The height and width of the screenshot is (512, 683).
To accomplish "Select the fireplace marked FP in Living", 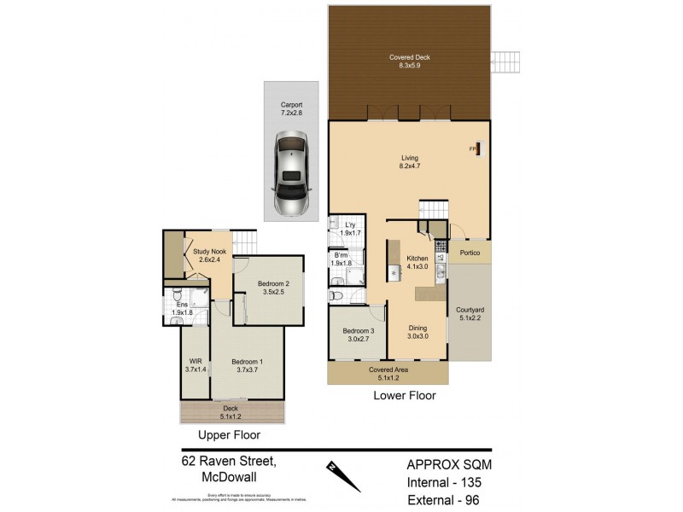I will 479,150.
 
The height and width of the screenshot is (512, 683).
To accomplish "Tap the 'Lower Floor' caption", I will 405,396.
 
